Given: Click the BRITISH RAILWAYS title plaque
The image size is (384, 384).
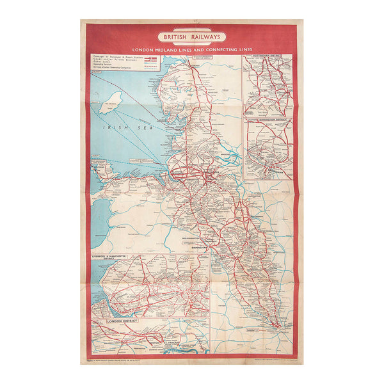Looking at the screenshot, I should click(192, 38).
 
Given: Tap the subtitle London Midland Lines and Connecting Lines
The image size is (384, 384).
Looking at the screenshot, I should click(192, 49).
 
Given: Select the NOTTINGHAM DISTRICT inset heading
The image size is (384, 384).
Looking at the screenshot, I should click(268, 58).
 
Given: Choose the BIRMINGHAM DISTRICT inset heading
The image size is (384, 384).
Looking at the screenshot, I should click(268, 120).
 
